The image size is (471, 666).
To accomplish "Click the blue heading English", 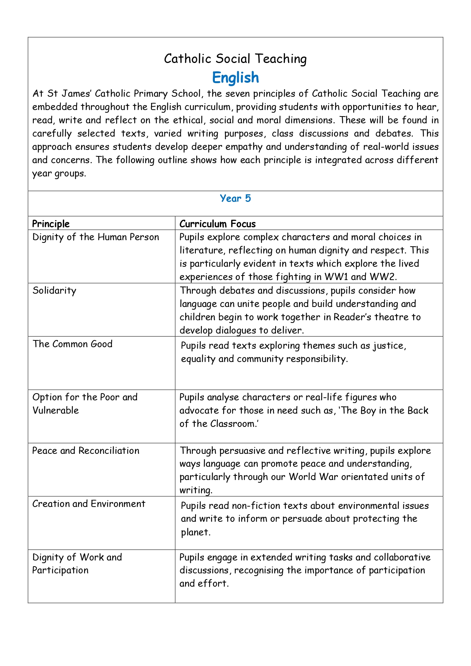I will point(235,77).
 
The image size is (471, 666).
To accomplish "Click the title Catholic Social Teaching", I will point(235,59).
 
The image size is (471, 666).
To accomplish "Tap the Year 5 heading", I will point(235,198).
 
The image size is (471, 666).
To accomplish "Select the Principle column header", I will point(51,224).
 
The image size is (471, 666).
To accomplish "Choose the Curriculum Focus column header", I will point(217,224).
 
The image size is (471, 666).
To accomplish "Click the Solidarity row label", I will point(54,291).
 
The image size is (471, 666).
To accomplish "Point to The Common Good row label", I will point(72,344).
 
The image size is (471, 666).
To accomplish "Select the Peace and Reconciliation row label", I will point(86,450).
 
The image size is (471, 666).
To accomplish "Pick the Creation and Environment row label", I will point(89,504).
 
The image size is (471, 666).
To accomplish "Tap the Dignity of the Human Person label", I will point(96,237).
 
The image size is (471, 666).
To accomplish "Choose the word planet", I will point(195,532).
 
